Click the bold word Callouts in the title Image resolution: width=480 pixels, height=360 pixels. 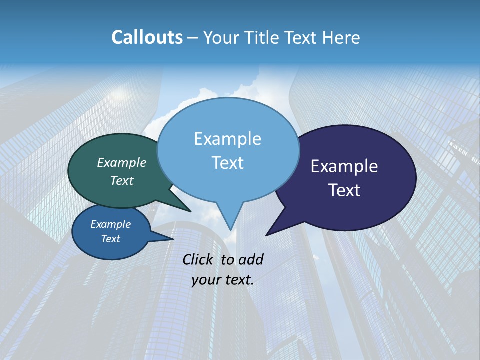tap(147, 37)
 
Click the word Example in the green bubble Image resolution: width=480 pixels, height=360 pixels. tap(122, 162)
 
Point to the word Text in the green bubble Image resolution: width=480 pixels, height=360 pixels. tap(122, 180)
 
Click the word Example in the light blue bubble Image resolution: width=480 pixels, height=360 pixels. tap(227, 139)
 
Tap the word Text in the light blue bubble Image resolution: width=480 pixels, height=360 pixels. tap(227, 163)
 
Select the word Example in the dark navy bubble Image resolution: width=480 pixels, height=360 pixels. tap(344, 166)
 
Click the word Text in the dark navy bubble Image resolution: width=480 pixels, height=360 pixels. tap(344, 190)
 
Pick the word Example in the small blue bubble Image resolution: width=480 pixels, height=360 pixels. tap(111, 224)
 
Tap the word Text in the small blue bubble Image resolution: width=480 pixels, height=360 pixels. tap(111, 239)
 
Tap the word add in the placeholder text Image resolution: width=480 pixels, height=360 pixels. tap(251, 259)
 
